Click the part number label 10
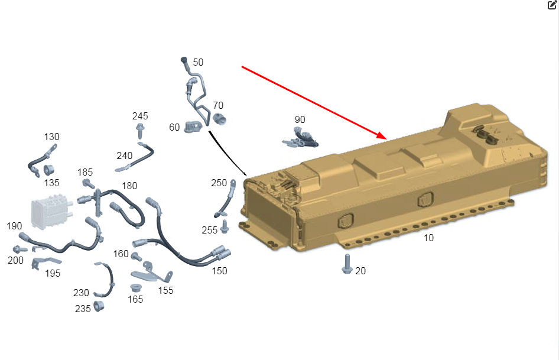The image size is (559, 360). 428,238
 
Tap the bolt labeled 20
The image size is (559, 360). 347,264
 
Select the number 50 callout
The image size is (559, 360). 198,63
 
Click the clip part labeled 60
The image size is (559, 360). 193,127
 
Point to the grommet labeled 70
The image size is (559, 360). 219,119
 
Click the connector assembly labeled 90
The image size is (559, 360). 300,138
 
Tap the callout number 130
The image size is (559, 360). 51,137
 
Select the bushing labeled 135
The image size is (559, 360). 48,170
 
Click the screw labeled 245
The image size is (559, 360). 140,131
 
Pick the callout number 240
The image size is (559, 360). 125,156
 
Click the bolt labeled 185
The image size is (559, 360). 89,184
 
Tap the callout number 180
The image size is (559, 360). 129,186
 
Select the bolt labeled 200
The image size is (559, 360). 19,249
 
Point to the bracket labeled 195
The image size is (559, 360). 44,263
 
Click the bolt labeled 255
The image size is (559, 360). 224,226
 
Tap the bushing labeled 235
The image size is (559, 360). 99,306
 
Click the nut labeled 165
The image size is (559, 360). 135,288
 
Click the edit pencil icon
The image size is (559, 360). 552,5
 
